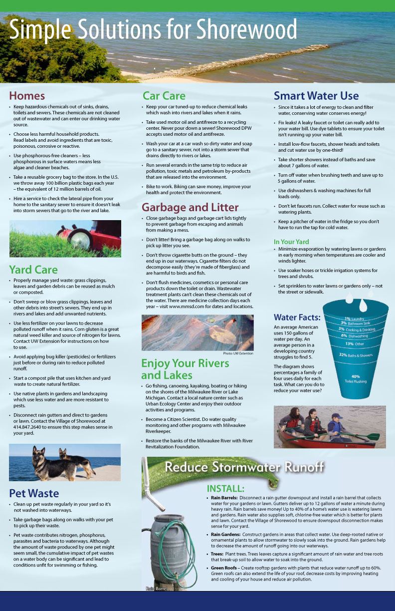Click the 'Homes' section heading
[x=27, y=96]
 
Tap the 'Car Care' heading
[x=164, y=96]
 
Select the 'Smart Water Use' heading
[x=316, y=96]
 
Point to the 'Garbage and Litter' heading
[x=190, y=207]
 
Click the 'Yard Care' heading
[x=33, y=270]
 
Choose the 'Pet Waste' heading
[x=34, y=493]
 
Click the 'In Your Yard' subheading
[x=291, y=242]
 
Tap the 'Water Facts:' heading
[x=297, y=317]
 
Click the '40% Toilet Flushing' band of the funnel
[x=356, y=378]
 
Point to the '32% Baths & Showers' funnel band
[x=356, y=355]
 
